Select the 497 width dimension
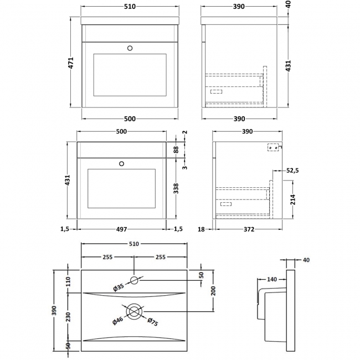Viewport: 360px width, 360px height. pyautogui.click(x=121, y=229)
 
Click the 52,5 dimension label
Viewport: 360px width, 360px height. pyautogui.click(x=293, y=171)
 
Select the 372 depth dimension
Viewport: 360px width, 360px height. pyautogui.click(x=248, y=229)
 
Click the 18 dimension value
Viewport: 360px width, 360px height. pyautogui.click(x=202, y=229)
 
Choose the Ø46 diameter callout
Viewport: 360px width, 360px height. pyautogui.click(x=118, y=321)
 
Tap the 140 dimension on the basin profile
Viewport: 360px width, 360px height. pyautogui.click(x=272, y=279)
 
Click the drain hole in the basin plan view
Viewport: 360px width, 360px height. pyautogui.click(x=134, y=311)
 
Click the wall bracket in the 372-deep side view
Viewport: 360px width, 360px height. pyautogui.click(x=272, y=148)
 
